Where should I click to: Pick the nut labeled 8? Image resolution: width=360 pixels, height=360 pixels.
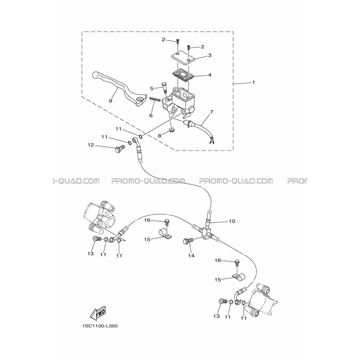pyautogui.click(x=171, y=130)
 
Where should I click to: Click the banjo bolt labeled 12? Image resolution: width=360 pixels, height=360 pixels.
pyautogui.click(x=119, y=148)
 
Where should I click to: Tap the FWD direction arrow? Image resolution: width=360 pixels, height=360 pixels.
pyautogui.click(x=98, y=313)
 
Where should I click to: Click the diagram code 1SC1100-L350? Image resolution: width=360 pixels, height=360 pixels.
pyautogui.click(x=100, y=326)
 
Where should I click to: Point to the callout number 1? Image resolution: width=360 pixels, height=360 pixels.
pyautogui.click(x=253, y=82)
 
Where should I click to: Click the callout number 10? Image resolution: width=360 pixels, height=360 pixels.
pyautogui.click(x=232, y=221)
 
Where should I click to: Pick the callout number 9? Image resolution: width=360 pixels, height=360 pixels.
pyautogui.click(x=111, y=101)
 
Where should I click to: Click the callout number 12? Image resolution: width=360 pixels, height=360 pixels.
pyautogui.click(x=91, y=145)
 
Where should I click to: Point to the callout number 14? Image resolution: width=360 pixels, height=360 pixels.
pyautogui.click(x=191, y=255)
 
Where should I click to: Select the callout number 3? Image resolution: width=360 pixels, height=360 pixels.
pyautogui.click(x=209, y=55)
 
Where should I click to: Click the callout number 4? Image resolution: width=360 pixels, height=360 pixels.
pyautogui.click(x=209, y=75)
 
